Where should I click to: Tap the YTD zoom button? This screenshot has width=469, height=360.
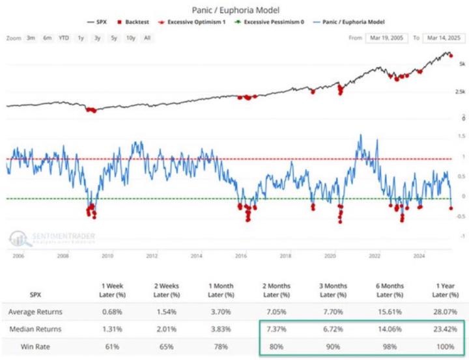tap(63, 38)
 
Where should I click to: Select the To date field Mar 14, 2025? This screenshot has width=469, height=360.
tap(441, 38)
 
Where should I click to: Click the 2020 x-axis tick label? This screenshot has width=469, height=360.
tap(330, 256)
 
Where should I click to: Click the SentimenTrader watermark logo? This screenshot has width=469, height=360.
tap(48, 237)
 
